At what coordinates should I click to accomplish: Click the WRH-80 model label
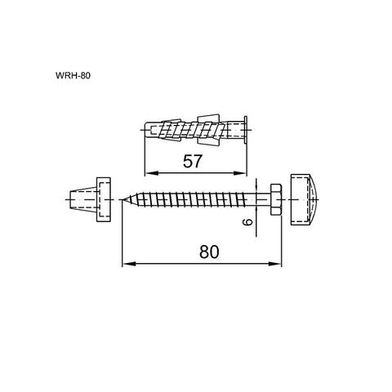coord(73,75)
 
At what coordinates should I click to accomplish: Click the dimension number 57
coord(193,161)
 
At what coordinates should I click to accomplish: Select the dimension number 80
coord(209,252)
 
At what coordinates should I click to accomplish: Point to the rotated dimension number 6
coord(247,222)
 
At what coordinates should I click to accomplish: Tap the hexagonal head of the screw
coord(276,199)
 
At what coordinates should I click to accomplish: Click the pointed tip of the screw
coord(122,200)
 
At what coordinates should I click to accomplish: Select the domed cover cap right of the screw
coord(305,199)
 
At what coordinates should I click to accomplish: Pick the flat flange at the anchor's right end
coord(246,130)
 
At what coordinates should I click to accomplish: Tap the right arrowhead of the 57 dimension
coord(240,173)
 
